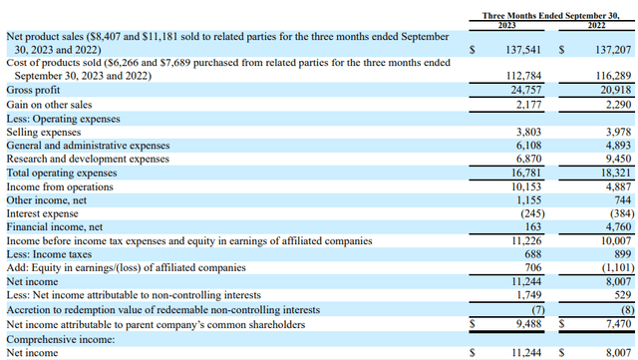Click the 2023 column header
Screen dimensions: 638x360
[506, 25]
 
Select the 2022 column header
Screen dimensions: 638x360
[596, 25]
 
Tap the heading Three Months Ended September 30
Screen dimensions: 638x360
[551, 16]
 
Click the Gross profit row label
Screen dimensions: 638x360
[33, 90]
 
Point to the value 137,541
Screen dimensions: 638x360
[523, 50]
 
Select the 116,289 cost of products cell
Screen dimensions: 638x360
[613, 76]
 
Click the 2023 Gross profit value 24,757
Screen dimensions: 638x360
[526, 90]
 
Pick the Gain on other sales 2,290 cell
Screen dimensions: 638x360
[618, 105]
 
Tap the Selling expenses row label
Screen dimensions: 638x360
[44, 133]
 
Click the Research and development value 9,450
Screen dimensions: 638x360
[618, 159]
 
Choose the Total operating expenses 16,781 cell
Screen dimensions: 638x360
[526, 173]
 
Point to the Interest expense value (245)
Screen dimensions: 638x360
[532, 213]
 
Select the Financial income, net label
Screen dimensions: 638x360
[55, 226]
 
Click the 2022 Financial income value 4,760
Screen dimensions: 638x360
[618, 226]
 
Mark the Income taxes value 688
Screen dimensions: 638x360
[533, 254]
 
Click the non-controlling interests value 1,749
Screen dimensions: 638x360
[529, 295]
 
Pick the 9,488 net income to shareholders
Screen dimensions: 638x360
[529, 324]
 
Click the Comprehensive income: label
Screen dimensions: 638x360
[61, 340]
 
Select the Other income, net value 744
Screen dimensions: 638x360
[623, 200]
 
